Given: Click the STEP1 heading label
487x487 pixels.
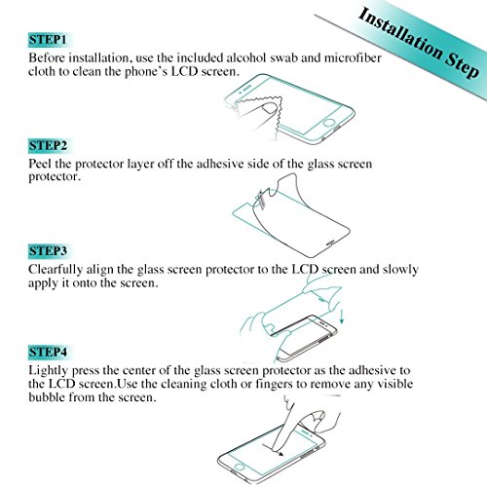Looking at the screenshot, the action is [48, 40].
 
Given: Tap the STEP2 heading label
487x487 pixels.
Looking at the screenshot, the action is [48, 145].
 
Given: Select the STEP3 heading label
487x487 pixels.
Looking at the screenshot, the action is [48, 251].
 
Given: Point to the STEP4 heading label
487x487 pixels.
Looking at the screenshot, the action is [48, 352].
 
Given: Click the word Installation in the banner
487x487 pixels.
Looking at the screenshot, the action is [400, 35].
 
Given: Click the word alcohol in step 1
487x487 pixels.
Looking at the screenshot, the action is [246, 57].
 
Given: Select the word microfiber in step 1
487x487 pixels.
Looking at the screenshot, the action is [353, 57].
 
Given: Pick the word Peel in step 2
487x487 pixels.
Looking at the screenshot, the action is [40, 164].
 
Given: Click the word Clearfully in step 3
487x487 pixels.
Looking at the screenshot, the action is [56, 270].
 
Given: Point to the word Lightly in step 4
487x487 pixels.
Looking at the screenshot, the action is [49, 371].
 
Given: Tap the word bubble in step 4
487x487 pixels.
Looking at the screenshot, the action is [47, 396].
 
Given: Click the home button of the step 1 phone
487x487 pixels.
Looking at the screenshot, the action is [329, 124].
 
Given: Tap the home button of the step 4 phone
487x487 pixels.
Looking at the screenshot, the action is [240, 468].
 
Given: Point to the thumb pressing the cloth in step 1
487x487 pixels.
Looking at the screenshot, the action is [269, 109].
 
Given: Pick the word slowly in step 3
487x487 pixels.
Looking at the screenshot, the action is [400, 270].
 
